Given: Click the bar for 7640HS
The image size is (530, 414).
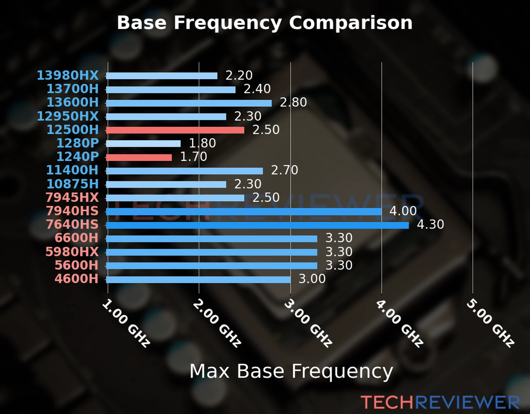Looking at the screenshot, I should (257, 225).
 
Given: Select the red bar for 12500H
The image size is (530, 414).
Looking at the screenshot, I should (175, 130).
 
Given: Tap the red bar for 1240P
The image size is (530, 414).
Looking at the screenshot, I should (139, 157).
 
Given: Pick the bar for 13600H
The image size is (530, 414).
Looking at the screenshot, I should (189, 103).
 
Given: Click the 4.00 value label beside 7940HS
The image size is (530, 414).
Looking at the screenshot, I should (403, 211).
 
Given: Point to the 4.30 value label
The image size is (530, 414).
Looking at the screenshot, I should (430, 225).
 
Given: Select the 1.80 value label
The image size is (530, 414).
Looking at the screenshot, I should (202, 143).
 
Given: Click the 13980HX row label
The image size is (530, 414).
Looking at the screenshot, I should (68, 75).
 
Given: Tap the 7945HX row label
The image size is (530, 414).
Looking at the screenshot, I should (72, 197).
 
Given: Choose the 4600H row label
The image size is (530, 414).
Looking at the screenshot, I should (76, 279).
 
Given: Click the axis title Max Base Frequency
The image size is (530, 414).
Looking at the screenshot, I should (291, 371).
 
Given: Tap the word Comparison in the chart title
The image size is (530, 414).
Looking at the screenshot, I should (350, 23).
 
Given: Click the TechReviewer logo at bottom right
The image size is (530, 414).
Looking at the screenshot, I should (440, 402).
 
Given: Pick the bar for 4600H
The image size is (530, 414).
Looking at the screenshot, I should (198, 279).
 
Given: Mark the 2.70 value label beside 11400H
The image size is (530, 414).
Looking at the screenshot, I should (284, 170).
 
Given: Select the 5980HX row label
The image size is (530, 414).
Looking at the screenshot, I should (72, 252).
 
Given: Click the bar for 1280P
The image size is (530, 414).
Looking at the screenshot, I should (143, 144).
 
